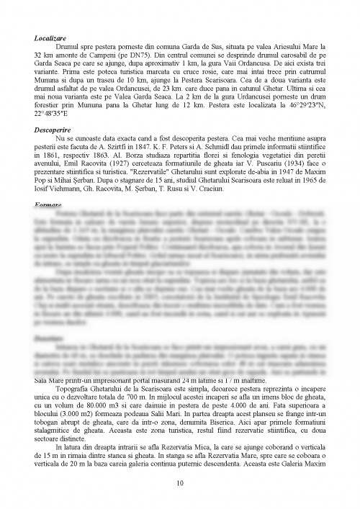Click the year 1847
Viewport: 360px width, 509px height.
pos(166,153)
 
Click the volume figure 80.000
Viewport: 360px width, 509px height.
pos(101,407)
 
